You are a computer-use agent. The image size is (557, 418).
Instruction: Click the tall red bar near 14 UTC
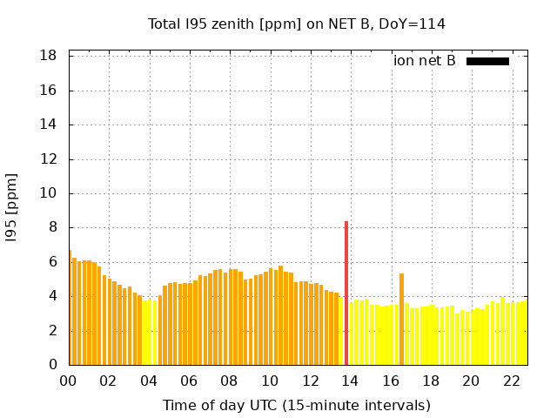pyautogui.click(x=346, y=293)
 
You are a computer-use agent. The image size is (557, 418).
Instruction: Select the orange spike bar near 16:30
pyautogui.click(x=401, y=319)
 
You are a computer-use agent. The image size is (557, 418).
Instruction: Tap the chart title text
pyautogui.click(x=297, y=24)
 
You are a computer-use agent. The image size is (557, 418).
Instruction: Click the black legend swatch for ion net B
pyautogui.click(x=487, y=61)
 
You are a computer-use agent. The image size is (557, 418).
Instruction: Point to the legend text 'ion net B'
pyautogui.click(x=424, y=61)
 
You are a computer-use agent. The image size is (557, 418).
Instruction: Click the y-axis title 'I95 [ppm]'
pyautogui.click(x=12, y=207)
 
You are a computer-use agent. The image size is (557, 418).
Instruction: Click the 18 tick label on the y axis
pyautogui.click(x=49, y=56)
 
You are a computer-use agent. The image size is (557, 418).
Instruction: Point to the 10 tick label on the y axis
pyautogui.click(x=49, y=193)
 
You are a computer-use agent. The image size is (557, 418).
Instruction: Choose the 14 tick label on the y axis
pyautogui.click(x=49, y=125)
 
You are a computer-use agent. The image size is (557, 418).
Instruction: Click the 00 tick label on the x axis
pyautogui.click(x=69, y=381)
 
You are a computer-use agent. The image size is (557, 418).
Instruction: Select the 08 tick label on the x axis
pyautogui.click(x=230, y=381)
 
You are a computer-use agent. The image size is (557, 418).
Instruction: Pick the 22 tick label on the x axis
pyautogui.click(x=512, y=381)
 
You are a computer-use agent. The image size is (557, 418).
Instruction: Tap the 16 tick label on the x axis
pyautogui.click(x=391, y=381)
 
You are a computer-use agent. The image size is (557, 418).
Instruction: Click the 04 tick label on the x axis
pyautogui.click(x=149, y=381)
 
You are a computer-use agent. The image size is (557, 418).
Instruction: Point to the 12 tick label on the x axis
pyautogui.click(x=311, y=381)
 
